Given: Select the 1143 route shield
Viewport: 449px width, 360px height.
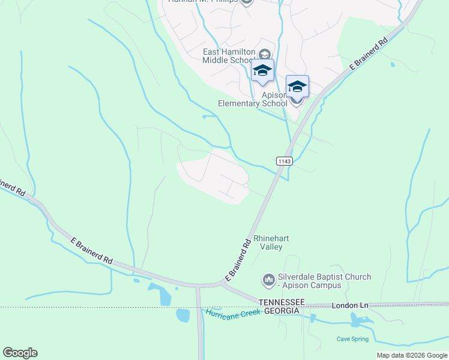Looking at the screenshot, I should (x=285, y=161).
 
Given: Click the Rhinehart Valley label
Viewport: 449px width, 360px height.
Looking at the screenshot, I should (x=271, y=242).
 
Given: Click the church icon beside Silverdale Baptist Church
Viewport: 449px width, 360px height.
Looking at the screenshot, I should (x=268, y=280).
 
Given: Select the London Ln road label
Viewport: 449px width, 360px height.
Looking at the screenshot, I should (x=349, y=306).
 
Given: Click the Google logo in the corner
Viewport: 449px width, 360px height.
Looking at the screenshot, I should (x=20, y=353).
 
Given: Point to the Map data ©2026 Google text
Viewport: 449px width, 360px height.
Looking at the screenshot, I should (x=411, y=355).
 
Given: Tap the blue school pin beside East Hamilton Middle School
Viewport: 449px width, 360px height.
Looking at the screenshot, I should (x=262, y=71).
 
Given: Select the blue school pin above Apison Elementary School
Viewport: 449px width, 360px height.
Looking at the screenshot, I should (x=297, y=87).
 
